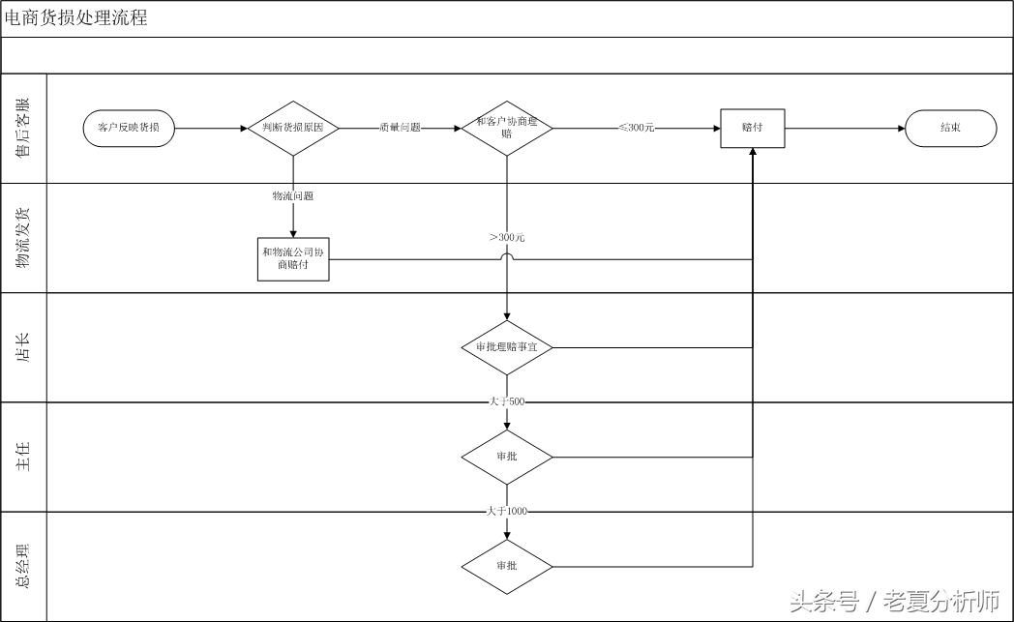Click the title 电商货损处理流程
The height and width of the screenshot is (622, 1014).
click(75, 17)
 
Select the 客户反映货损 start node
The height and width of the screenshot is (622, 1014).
click(129, 128)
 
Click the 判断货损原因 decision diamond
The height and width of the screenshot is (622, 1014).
click(293, 128)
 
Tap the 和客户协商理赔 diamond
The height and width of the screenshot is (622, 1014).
click(507, 128)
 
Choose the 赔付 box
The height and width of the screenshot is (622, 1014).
click(753, 128)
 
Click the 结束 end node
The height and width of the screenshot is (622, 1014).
click(950, 128)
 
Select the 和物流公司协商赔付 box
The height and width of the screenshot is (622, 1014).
click(293, 259)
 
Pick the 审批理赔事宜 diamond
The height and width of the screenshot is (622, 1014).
click(507, 347)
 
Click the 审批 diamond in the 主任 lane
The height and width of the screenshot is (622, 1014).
click(507, 457)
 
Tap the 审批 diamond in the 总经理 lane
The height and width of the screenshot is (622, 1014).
click(507, 567)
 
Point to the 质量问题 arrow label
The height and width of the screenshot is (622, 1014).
click(401, 128)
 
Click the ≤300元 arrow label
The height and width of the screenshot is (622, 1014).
click(637, 128)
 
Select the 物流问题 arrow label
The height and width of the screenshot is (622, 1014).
click(293, 196)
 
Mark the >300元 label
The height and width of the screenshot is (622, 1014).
click(507, 238)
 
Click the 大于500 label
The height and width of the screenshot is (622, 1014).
click(507, 401)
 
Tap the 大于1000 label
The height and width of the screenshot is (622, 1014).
click(507, 512)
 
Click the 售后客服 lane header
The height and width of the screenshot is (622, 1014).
click(23, 128)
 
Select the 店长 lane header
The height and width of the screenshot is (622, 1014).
click(23, 347)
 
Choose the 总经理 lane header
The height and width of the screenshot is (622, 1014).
click(23, 567)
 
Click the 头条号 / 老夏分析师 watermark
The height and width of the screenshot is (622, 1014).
click(895, 602)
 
